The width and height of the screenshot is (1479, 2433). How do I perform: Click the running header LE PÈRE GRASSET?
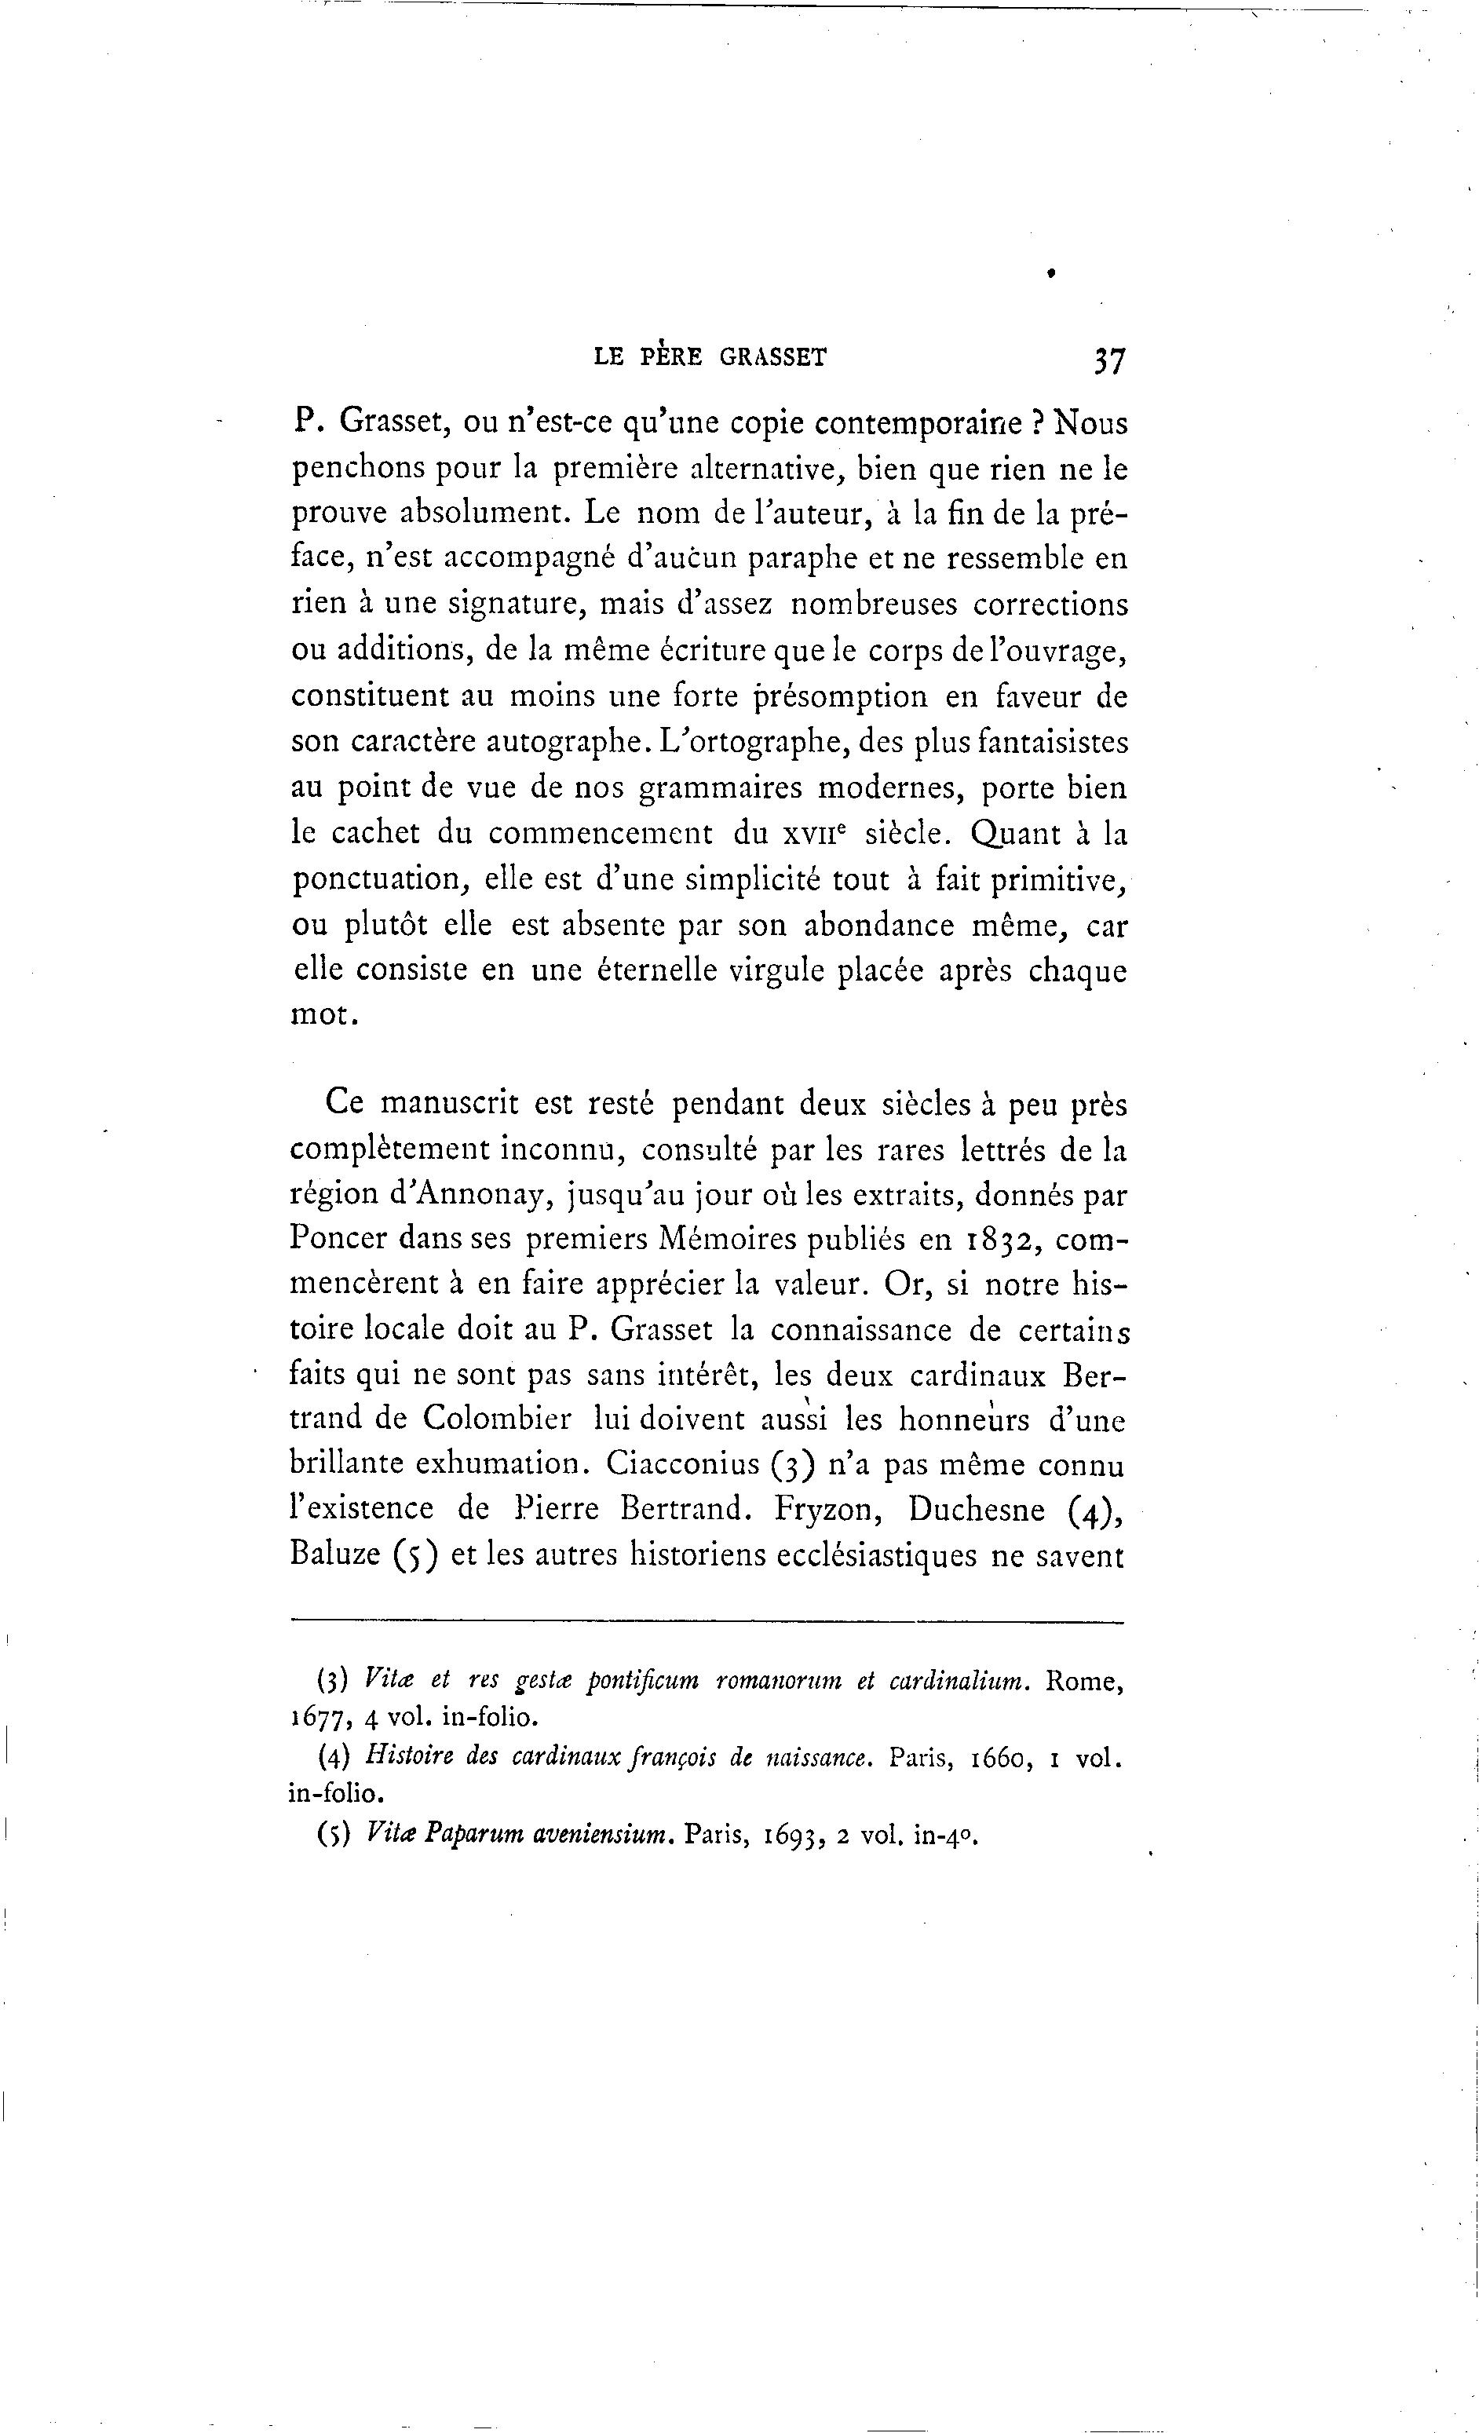pos(710,357)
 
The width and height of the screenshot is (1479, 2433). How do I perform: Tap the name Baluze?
pos(336,1554)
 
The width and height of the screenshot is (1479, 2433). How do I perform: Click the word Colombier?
pos(497,1419)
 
